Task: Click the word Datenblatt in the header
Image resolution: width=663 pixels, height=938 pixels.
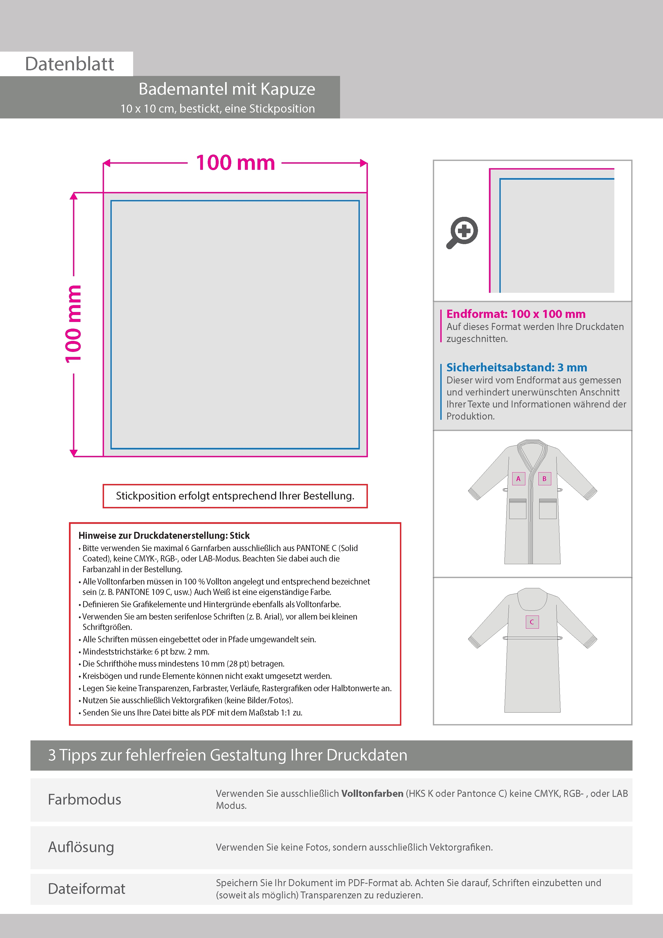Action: click(70, 64)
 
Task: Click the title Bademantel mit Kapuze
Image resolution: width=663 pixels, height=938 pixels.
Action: click(227, 89)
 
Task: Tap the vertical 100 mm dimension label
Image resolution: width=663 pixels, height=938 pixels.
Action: click(74, 324)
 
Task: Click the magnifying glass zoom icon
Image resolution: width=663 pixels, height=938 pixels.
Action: click(462, 232)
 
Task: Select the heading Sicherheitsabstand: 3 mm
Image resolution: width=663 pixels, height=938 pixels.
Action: click(516, 367)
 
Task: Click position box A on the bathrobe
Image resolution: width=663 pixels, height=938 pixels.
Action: click(518, 479)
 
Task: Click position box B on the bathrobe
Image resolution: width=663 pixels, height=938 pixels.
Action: click(544, 479)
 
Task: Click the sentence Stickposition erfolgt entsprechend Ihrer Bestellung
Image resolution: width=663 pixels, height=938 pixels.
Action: click(235, 496)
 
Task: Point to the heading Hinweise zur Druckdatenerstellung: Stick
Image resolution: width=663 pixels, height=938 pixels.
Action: click(164, 535)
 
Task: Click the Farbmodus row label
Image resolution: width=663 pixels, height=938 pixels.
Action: click(84, 799)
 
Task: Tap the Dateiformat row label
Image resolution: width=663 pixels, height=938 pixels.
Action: click(87, 889)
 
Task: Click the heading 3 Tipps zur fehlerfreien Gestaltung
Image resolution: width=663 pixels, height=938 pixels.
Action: click(228, 755)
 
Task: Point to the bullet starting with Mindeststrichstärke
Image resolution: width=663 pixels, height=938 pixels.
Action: click(146, 652)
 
